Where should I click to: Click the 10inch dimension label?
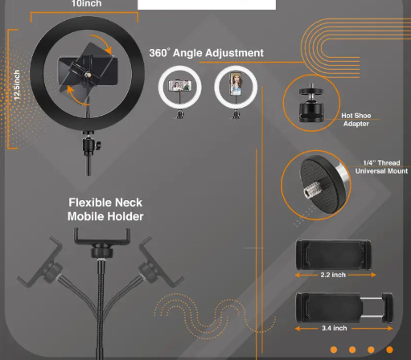coord(86,3)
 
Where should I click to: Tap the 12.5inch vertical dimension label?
coord(17,85)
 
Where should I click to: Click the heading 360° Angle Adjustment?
coord(206,53)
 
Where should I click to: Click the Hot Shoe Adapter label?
coord(356,120)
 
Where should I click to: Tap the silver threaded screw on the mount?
coord(313,190)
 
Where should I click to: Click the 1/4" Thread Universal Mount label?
coord(381,167)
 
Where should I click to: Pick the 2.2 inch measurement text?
coord(333,275)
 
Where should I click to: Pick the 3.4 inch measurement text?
coord(335,328)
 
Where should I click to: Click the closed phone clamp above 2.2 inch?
coord(334,255)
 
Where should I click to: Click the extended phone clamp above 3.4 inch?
coord(344,307)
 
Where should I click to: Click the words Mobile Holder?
coord(105,216)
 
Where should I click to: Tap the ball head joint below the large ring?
coord(91,145)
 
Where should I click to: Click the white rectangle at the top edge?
coord(207,5)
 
